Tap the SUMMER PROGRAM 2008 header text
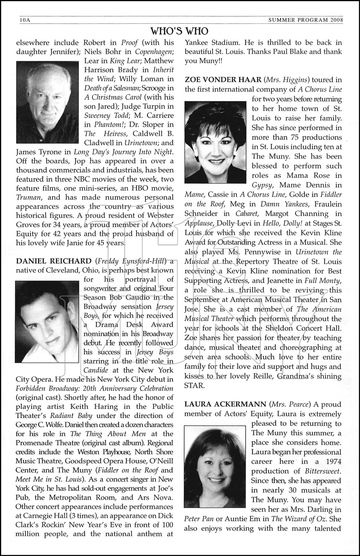click(305, 21)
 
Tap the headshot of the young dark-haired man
click(47, 321)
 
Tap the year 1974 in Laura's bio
click(331, 461)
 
